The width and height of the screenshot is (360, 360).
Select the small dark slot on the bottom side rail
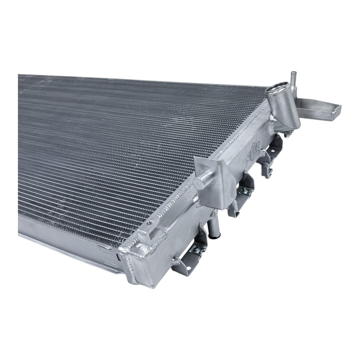(x=118, y=256)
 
